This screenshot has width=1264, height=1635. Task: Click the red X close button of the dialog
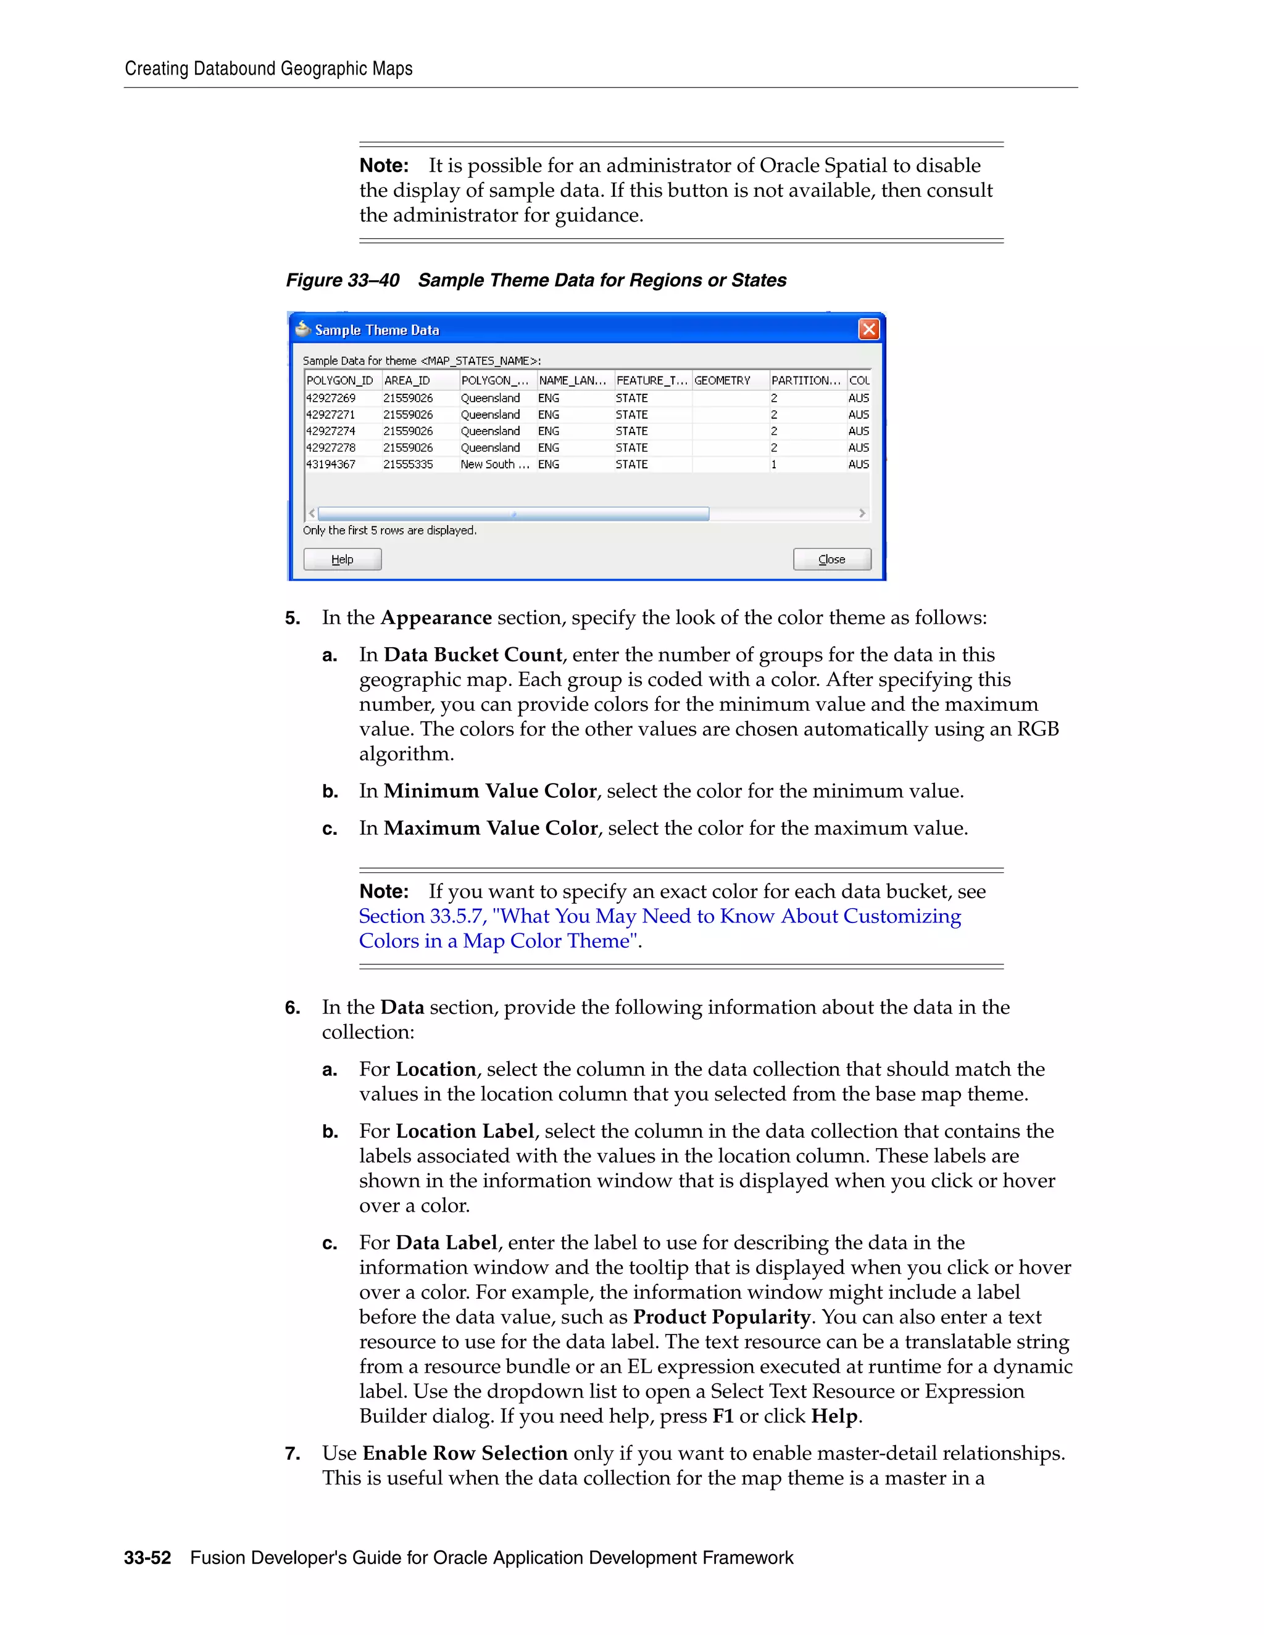point(868,329)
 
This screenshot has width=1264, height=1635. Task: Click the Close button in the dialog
point(831,559)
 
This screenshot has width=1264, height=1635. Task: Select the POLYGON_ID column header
point(339,380)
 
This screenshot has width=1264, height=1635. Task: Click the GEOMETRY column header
point(722,380)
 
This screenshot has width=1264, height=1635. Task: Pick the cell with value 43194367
point(330,464)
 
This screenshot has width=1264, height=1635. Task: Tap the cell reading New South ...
point(494,464)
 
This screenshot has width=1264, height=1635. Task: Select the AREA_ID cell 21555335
point(408,464)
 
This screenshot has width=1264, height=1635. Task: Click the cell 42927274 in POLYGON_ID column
point(330,431)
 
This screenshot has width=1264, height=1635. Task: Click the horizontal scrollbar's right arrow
point(862,513)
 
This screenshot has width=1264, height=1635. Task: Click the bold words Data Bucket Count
point(473,655)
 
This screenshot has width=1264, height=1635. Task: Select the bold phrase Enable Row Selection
point(465,1453)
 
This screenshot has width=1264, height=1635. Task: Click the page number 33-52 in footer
point(148,1558)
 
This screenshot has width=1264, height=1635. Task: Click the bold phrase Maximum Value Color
point(491,828)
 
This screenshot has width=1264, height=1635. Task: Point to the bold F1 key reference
point(723,1417)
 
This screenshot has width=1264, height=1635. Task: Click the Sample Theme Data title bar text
point(376,330)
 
